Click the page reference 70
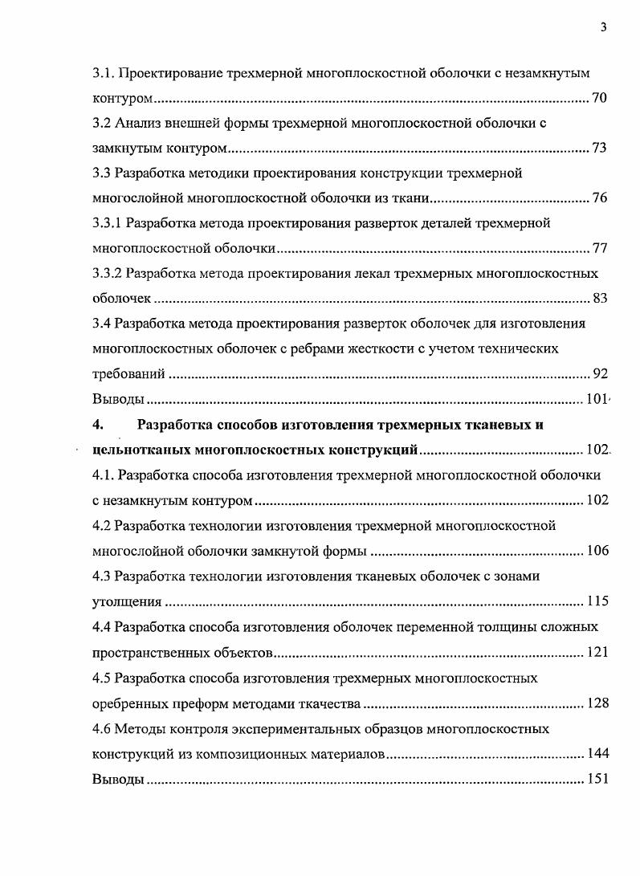tap(599, 99)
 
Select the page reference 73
tap(599, 149)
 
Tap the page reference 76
tap(599, 198)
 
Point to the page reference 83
tap(599, 299)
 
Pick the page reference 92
tap(599, 373)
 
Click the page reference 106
tap(597, 550)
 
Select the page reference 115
tap(597, 601)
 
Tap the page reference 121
tap(597, 651)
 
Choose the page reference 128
tap(597, 703)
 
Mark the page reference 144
tap(597, 753)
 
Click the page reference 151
tap(597, 779)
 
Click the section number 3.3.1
tap(108, 223)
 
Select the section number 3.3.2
tap(108, 274)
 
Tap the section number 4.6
tap(101, 729)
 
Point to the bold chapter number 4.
tap(97, 425)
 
